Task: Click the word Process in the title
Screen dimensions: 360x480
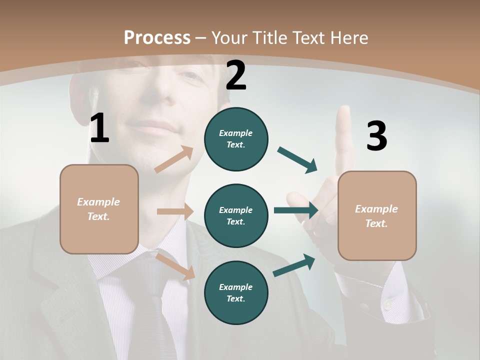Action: pyautogui.click(x=157, y=37)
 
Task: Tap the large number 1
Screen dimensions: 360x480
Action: pyautogui.click(x=99, y=128)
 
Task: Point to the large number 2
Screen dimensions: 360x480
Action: pyautogui.click(x=236, y=75)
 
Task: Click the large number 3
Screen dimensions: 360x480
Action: pyautogui.click(x=376, y=136)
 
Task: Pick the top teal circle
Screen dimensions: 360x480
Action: pyautogui.click(x=236, y=139)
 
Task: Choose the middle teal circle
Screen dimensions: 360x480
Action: pyautogui.click(x=236, y=215)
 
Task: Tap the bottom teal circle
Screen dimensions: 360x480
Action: pyautogui.click(x=236, y=292)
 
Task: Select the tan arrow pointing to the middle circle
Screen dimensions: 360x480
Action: pyautogui.click(x=175, y=211)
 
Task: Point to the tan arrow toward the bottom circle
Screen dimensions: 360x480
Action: pyautogui.click(x=175, y=266)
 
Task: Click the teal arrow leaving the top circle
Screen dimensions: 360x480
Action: pyautogui.click(x=297, y=160)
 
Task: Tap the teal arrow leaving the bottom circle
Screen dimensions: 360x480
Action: pyautogui.click(x=294, y=265)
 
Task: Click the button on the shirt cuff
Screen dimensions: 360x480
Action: pyautogui.click(x=387, y=304)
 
